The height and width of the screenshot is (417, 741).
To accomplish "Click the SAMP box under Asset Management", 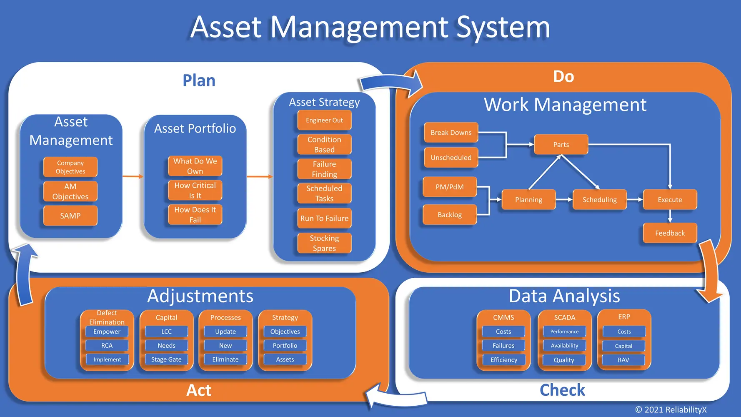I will (x=70, y=216).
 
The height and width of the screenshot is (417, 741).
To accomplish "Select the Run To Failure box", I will (x=324, y=218).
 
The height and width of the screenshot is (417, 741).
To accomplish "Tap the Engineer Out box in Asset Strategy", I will (x=324, y=120).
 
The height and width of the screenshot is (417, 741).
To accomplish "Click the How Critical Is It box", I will (x=195, y=190).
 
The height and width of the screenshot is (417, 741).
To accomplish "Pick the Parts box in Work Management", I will (x=561, y=144).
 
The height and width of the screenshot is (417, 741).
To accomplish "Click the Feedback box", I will (x=670, y=233).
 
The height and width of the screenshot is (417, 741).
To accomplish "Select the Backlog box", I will (x=449, y=215).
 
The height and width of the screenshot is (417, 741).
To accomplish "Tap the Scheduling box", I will (x=599, y=200).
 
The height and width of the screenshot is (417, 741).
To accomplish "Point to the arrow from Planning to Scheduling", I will (x=564, y=200).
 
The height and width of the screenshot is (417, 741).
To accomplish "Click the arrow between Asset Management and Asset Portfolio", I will (x=133, y=176).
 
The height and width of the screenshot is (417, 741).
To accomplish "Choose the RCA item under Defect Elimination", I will (x=107, y=345).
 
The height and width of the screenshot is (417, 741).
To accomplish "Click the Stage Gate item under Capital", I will (x=166, y=359).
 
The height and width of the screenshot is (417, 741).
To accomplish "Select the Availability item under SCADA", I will (x=564, y=345).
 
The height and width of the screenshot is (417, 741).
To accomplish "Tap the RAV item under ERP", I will (x=623, y=360).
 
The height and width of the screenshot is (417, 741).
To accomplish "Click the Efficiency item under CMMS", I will (x=503, y=360).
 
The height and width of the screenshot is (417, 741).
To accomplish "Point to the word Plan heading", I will (x=199, y=80).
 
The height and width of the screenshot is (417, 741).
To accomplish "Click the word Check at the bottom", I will (x=562, y=390).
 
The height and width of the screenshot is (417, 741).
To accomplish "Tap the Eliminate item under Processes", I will (x=225, y=359).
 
